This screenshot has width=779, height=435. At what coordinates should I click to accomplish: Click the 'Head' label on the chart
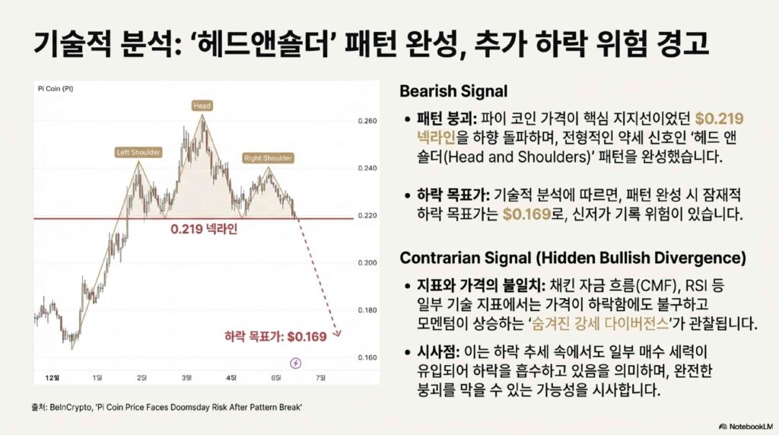point(202,105)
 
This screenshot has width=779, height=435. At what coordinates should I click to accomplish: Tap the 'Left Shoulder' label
point(138,152)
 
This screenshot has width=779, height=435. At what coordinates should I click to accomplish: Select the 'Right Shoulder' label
point(268,158)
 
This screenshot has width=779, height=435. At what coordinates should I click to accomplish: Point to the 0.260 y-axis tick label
point(367,121)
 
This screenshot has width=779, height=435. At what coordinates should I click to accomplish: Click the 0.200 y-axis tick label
point(367,262)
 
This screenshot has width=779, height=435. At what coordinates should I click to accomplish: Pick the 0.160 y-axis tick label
point(367,357)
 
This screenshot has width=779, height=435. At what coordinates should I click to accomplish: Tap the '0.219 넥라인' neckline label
point(204,229)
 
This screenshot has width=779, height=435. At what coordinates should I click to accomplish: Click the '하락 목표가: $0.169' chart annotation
point(275,337)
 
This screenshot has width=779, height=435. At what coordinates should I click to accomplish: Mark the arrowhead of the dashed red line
point(337,333)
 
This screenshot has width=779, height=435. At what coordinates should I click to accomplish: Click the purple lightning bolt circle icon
point(296,363)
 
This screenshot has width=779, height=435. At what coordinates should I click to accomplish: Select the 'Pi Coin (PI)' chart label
point(56,88)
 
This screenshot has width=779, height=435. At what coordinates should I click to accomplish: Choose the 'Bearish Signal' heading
point(453,91)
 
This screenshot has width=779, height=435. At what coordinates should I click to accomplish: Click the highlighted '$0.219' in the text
point(719,119)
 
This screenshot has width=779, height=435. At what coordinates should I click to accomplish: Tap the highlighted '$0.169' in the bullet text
point(526,214)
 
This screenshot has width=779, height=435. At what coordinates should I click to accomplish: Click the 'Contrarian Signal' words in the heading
point(466,259)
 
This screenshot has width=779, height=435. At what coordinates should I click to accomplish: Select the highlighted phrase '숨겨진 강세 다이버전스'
point(600,324)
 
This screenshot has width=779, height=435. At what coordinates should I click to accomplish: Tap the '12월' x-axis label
point(52,378)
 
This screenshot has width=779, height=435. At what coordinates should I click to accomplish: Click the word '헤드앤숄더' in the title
point(261,43)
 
